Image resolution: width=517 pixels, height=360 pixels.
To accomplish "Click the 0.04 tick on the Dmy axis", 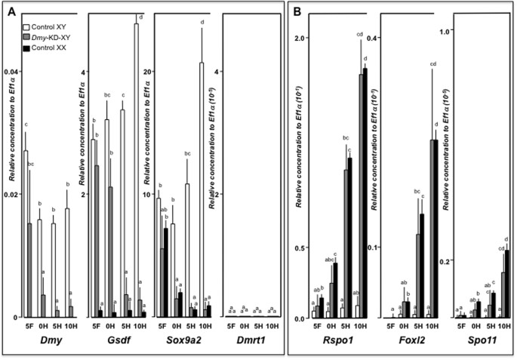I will pyautogui.click(x=11, y=72).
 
